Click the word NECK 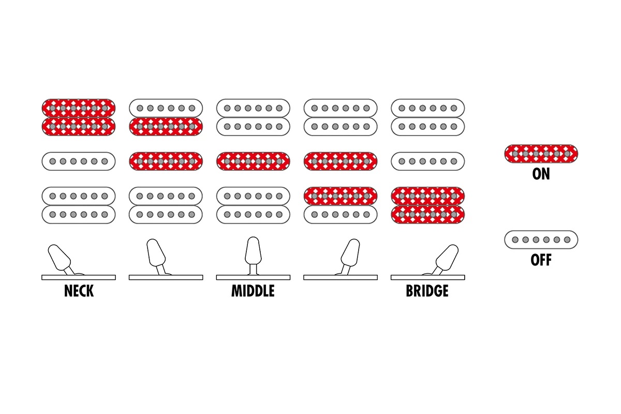tap(79, 291)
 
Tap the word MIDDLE tap(253, 291)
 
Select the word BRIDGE tap(427, 291)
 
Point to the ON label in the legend tap(541, 174)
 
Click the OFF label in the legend tap(541, 260)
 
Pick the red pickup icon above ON tap(541, 154)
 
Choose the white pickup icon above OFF tap(541, 240)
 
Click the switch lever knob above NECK tap(60, 258)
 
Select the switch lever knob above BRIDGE tap(447, 258)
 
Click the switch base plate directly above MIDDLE tap(253, 277)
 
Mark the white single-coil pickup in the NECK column tap(79, 161)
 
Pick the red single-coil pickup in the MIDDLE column tap(253, 161)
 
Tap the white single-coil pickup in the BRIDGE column tap(428, 161)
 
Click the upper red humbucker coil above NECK tap(79, 108)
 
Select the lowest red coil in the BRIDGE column tap(428, 214)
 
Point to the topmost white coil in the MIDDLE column tap(253, 108)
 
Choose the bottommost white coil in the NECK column tap(79, 214)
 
